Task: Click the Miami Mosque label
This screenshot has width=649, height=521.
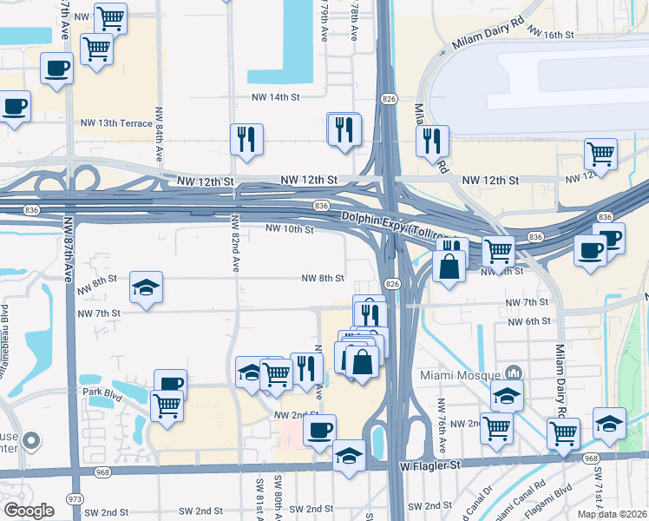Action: (459, 374)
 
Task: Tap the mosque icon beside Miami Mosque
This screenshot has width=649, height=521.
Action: (515, 373)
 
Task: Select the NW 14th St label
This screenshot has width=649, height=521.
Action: (275, 98)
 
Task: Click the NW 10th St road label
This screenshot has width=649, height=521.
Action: (289, 229)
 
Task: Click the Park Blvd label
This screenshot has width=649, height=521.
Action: (102, 392)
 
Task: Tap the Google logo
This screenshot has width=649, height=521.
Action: (29, 510)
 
